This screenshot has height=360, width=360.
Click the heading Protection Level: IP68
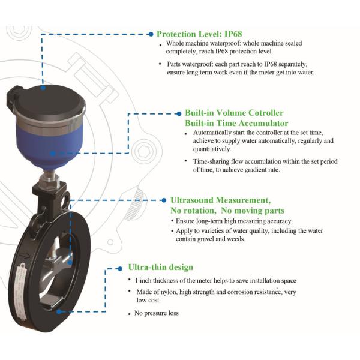(x=199, y=34)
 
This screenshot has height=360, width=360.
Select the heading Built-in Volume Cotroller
(x=234, y=113)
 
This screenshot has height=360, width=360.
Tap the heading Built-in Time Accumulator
(x=236, y=123)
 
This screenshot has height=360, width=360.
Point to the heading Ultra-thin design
(x=160, y=267)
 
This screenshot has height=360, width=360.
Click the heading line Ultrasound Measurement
(x=220, y=200)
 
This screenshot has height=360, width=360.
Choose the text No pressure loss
(x=157, y=313)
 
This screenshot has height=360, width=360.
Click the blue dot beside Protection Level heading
(x=151, y=34)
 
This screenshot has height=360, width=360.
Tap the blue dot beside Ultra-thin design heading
(x=120, y=269)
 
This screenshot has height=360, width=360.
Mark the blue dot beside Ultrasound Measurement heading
(x=164, y=200)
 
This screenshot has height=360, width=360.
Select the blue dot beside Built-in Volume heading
(x=179, y=113)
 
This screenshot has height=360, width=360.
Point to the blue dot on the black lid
(x=43, y=88)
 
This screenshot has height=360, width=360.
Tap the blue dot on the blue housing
(x=53, y=154)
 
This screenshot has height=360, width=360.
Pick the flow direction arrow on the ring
(x=25, y=256)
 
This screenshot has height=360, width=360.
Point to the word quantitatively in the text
(x=212, y=149)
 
